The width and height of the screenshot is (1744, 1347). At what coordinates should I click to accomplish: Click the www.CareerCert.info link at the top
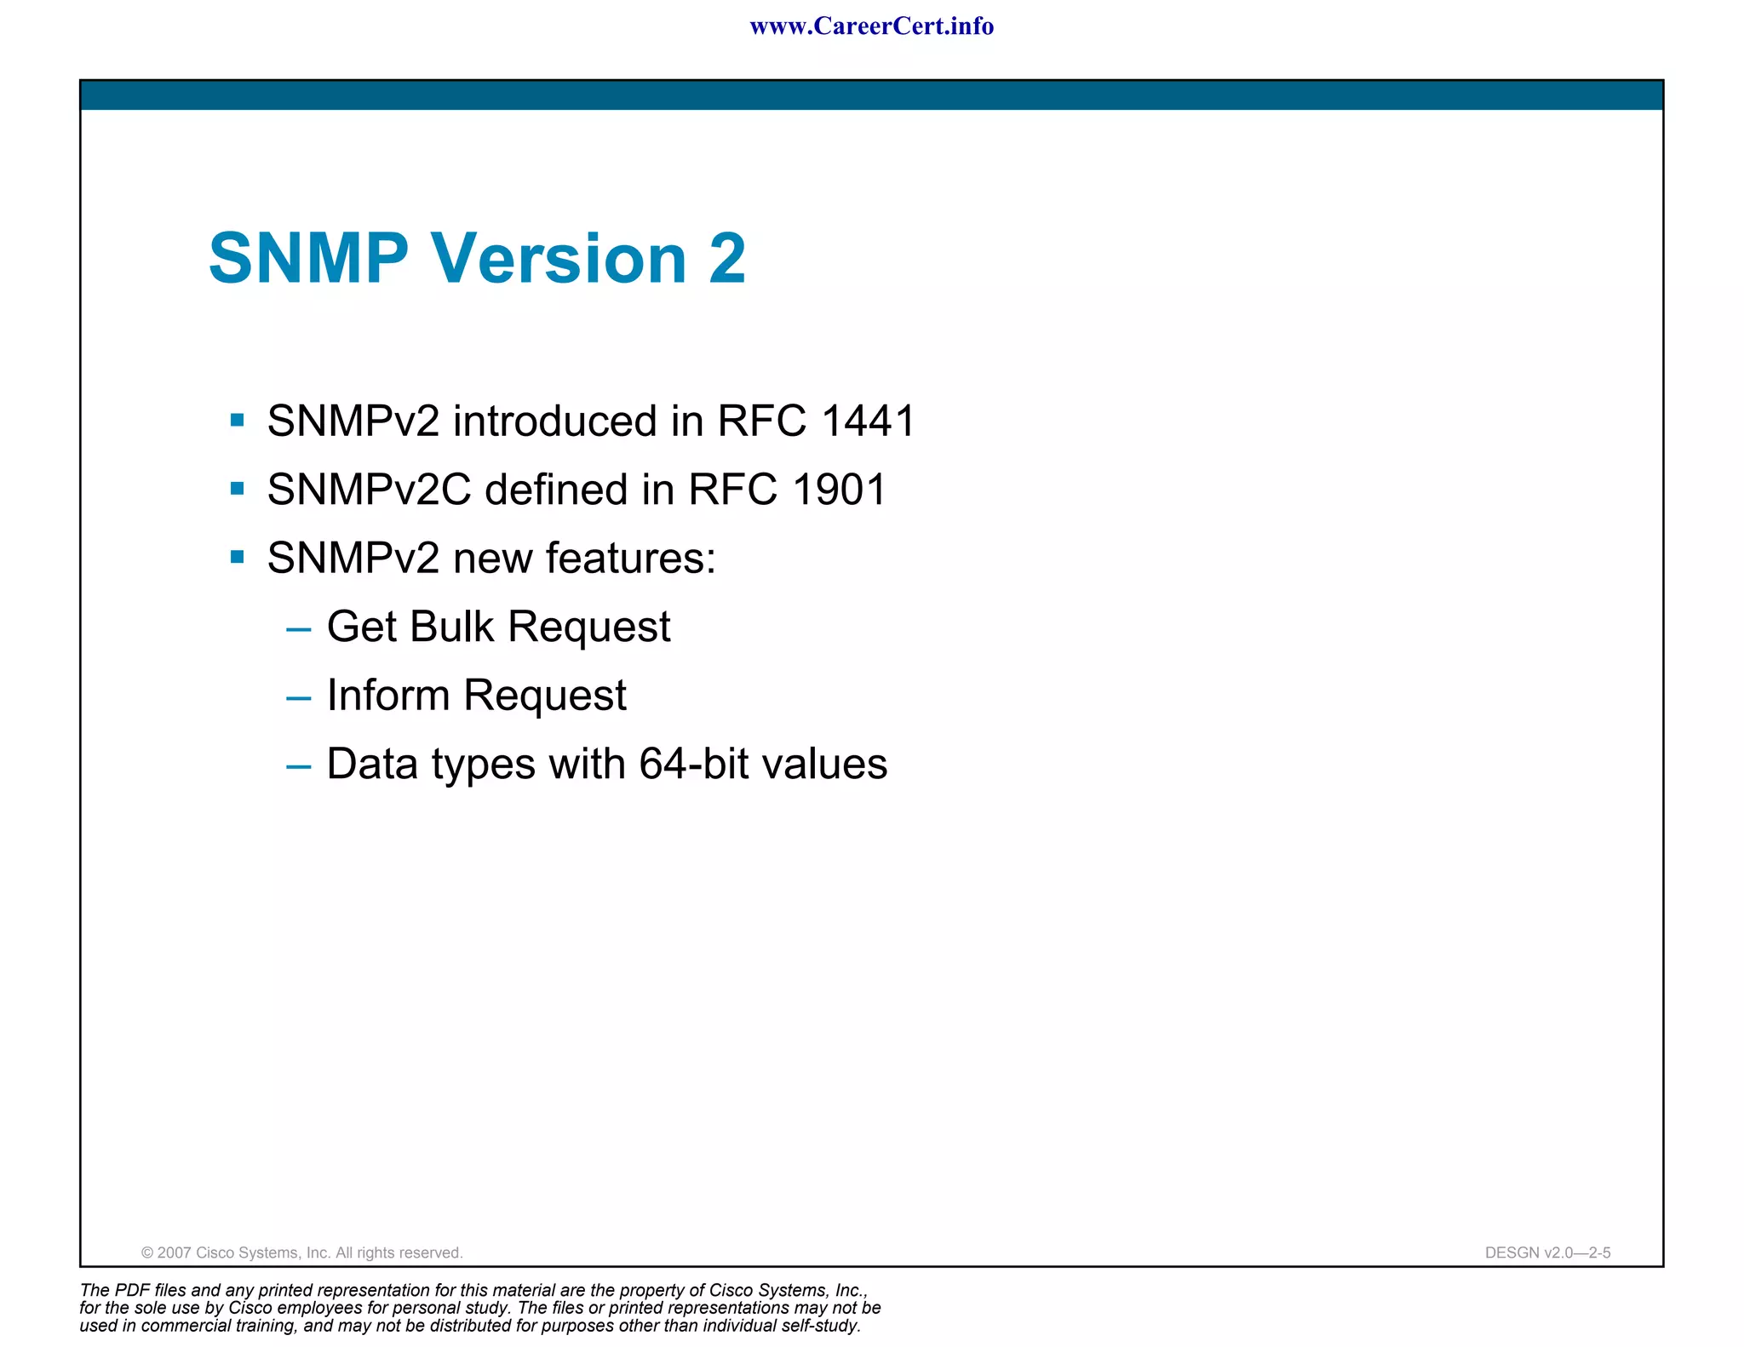pyautogui.click(x=871, y=26)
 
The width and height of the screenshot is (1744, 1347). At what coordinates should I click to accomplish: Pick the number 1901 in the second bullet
pyautogui.click(x=839, y=490)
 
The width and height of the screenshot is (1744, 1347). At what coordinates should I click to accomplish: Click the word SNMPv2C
pyautogui.click(x=369, y=490)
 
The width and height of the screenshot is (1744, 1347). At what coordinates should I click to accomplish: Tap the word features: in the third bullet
pyautogui.click(x=630, y=559)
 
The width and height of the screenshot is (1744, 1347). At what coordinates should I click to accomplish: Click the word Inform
pyautogui.click(x=387, y=696)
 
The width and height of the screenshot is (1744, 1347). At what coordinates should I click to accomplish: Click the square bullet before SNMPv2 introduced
pyautogui.click(x=238, y=420)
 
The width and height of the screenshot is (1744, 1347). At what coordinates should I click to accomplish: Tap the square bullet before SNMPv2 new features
pyautogui.click(x=238, y=558)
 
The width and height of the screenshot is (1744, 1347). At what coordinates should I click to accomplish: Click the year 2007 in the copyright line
pyautogui.click(x=174, y=1252)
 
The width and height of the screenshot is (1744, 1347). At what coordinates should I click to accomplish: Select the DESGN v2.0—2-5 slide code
pyautogui.click(x=1547, y=1252)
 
